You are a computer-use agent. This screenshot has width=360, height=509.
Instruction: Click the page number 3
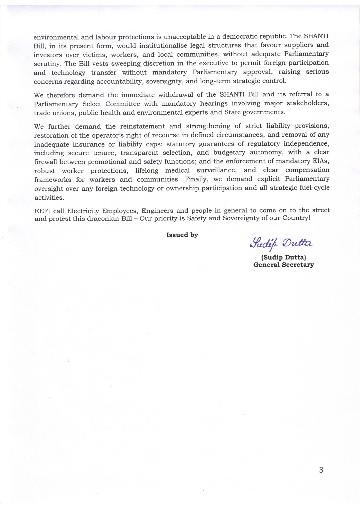(321, 470)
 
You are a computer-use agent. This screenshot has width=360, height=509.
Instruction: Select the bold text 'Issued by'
(182, 235)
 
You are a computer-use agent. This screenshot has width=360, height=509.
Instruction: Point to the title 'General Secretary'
(283, 265)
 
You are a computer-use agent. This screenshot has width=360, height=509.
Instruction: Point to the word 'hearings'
(214, 103)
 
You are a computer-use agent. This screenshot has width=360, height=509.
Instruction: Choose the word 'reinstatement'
(142, 126)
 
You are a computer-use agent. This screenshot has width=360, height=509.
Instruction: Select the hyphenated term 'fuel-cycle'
(314, 187)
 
